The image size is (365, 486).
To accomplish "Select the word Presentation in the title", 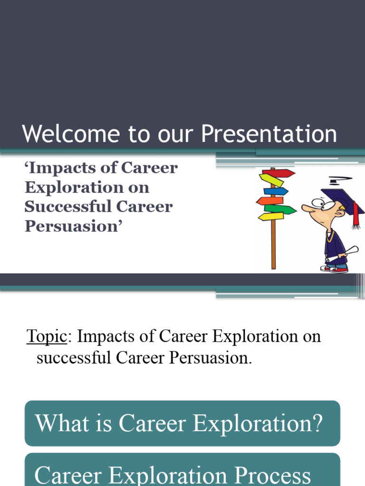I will tap(269, 135).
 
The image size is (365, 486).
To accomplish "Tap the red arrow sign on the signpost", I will tap(280, 173).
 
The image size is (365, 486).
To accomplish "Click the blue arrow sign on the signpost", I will tap(276, 191).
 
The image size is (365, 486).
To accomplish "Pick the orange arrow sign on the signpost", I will tap(270, 200).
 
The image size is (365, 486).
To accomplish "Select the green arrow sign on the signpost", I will tap(280, 209).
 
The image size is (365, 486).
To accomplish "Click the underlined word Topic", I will tap(47, 336).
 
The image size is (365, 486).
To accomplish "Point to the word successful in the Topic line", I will tap(75, 357).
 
